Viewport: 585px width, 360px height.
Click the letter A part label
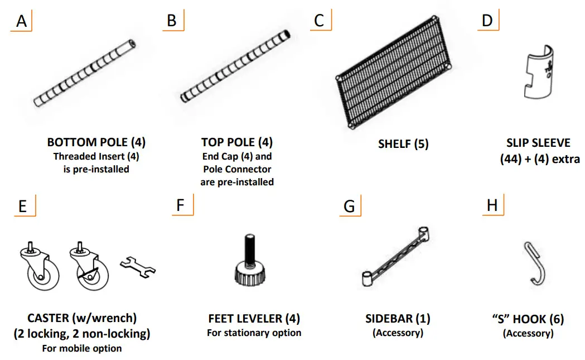(x=22, y=21)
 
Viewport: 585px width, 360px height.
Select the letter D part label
(x=487, y=21)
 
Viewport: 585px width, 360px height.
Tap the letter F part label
(x=180, y=205)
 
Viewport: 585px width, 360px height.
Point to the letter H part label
(x=492, y=205)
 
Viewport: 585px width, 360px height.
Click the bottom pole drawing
(x=84, y=73)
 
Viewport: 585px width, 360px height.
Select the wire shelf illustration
(x=393, y=73)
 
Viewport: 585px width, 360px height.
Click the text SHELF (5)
(x=403, y=144)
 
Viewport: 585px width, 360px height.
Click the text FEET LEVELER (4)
(x=254, y=319)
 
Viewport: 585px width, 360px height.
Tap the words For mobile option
(x=82, y=348)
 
